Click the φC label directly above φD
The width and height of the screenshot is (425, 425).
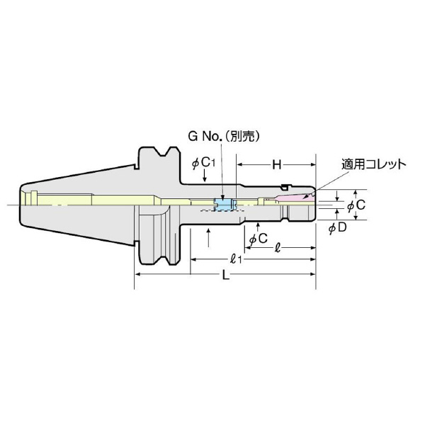tap(356, 205)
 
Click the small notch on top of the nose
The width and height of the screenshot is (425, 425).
tap(284, 187)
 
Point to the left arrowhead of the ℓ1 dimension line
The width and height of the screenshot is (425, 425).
tap(192, 259)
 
